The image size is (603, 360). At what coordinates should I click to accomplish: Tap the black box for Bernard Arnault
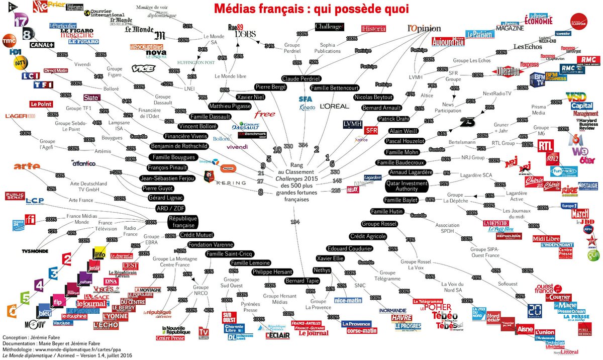pos(381,108)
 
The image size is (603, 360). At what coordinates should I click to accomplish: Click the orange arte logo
pos(27,166)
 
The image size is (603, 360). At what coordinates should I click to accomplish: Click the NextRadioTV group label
pos(496,94)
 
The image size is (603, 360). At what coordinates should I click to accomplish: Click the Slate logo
pos(92,97)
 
